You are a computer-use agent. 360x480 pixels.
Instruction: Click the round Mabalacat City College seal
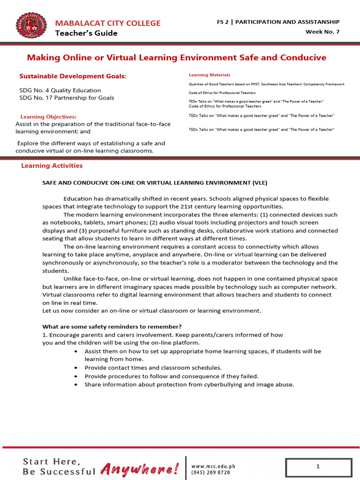pyautogui.click(x=31, y=27)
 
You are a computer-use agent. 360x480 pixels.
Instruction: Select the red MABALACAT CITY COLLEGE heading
pyautogui.click(x=108, y=23)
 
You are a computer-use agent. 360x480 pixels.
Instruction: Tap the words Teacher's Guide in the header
pyautogui.click(x=86, y=33)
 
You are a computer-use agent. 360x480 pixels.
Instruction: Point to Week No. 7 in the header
pyautogui.click(x=322, y=32)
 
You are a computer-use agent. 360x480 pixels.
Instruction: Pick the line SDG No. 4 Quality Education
pyautogui.click(x=60, y=90)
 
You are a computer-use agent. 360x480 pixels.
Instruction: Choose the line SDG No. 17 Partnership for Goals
pyautogui.click(x=67, y=98)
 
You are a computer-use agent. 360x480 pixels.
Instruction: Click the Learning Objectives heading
pyautogui.click(x=48, y=117)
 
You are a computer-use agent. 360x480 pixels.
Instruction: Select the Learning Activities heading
pyautogui.click(x=52, y=165)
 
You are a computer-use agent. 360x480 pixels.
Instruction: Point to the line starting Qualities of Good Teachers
pyautogui.click(x=266, y=84)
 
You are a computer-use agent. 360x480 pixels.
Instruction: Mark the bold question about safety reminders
pyautogui.click(x=112, y=326)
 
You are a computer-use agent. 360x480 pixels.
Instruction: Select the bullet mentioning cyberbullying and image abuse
pyautogui.click(x=189, y=384)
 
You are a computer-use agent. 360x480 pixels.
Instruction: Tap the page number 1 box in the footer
pyautogui.click(x=318, y=467)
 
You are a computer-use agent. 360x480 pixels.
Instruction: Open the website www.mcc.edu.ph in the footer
pyautogui.click(x=213, y=466)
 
